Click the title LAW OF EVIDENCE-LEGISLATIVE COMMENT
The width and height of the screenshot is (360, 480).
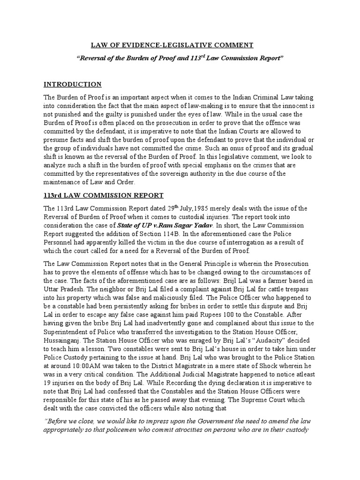coord(172,45)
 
